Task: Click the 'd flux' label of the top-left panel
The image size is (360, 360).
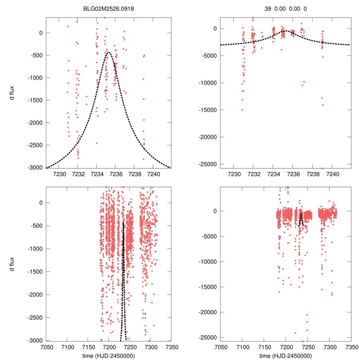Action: [12, 93]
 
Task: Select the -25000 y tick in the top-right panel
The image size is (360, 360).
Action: [209, 164]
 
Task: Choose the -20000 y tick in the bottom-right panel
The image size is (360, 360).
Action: [209, 312]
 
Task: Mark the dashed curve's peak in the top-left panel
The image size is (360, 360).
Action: [108, 52]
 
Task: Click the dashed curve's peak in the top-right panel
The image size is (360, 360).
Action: [285, 31]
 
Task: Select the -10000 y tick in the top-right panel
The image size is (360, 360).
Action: [209, 83]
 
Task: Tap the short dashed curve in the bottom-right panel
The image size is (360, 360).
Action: [301, 220]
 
